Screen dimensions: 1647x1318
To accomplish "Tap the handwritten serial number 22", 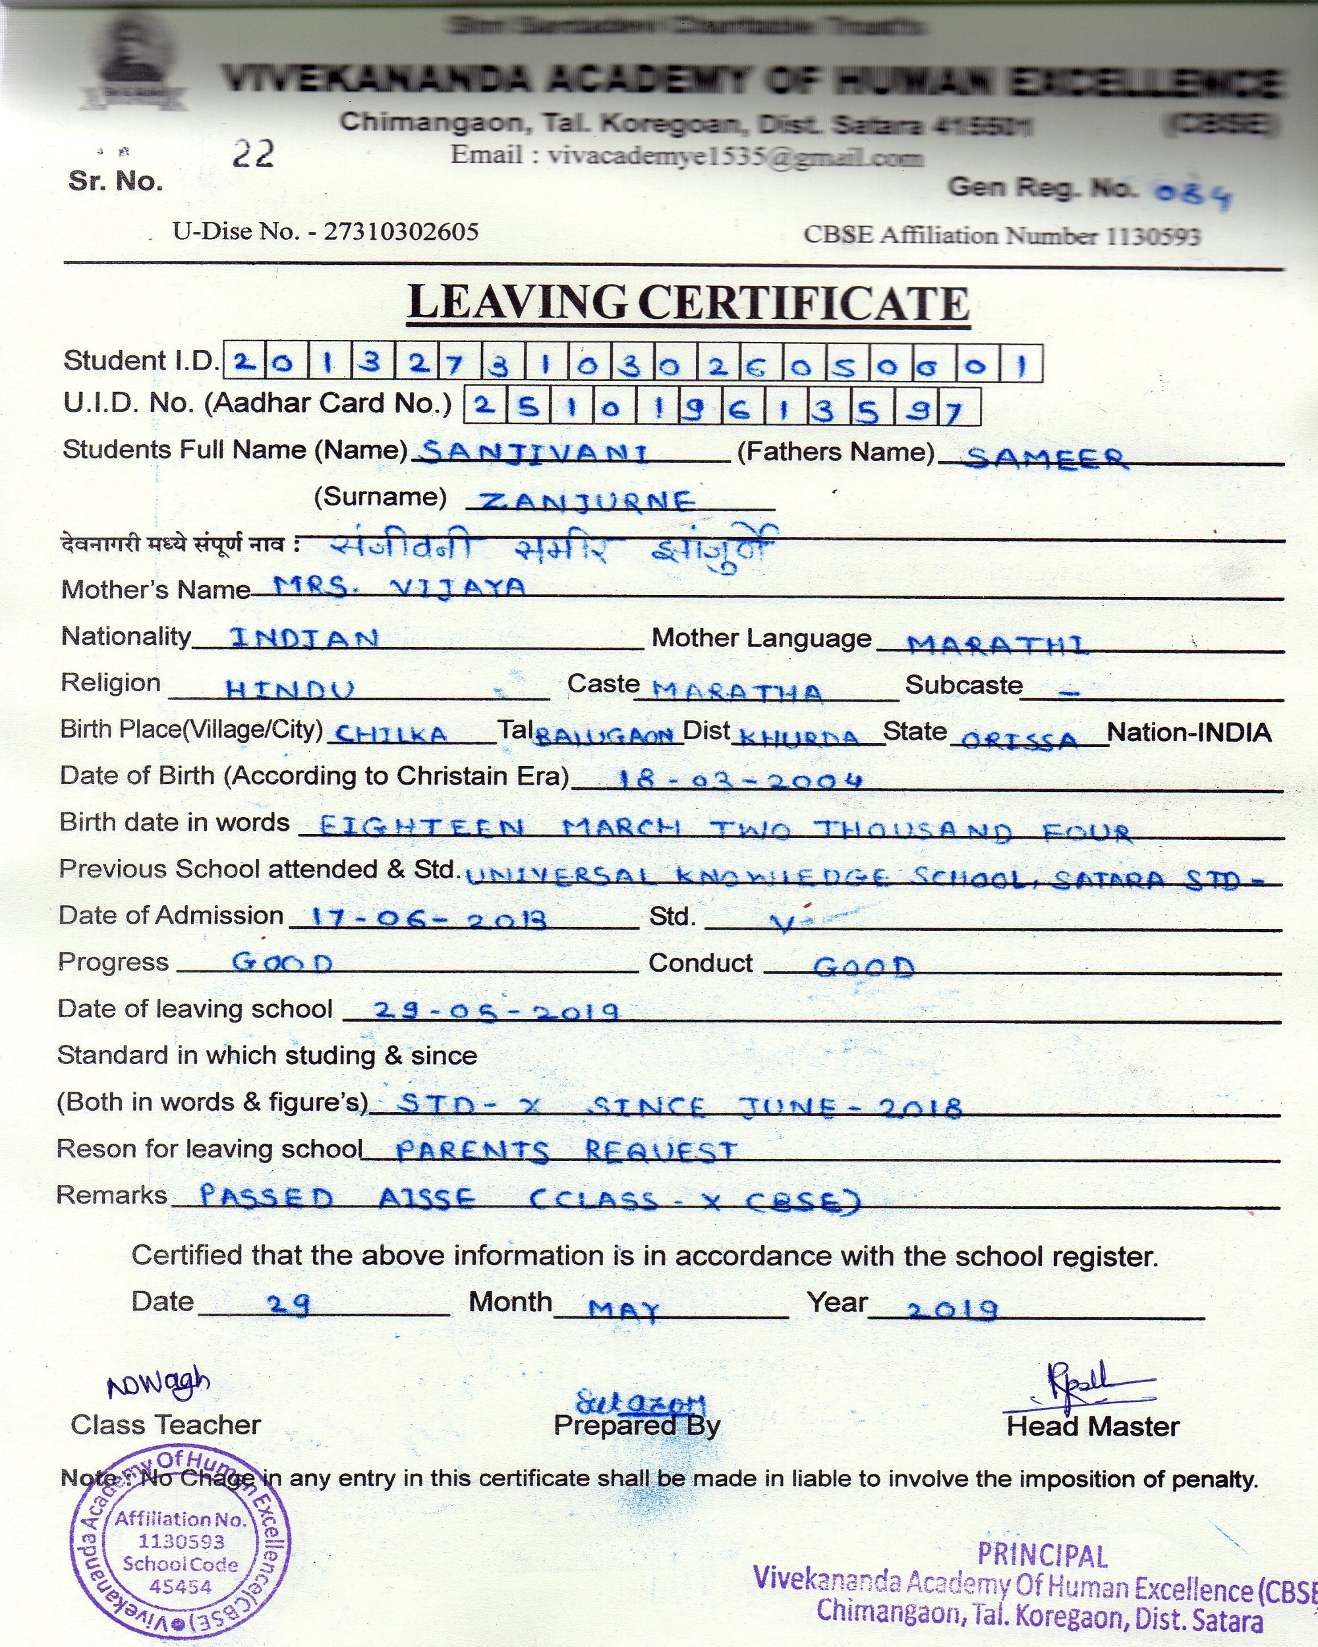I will coord(253,154).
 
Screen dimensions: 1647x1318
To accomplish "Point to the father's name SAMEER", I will coord(1045,458).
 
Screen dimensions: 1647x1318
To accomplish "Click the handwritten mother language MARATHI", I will coord(996,645).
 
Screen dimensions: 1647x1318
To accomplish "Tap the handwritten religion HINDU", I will coord(291,690).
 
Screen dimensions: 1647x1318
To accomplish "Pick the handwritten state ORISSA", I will coord(1019,739).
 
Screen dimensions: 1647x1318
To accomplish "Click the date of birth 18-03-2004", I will coord(739,780).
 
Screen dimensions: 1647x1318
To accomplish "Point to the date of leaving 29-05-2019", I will coord(496,1011).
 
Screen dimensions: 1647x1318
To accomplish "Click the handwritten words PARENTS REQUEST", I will coord(566,1150).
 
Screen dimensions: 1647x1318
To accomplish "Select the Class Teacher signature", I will coord(158,1381).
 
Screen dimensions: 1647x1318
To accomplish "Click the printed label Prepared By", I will coord(637,1426).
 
